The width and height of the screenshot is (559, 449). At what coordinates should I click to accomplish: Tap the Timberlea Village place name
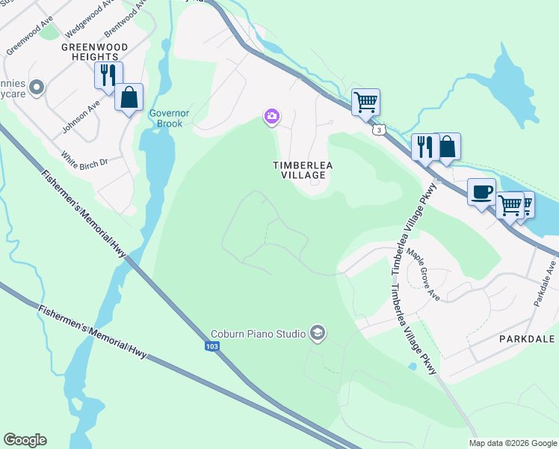(x=303, y=170)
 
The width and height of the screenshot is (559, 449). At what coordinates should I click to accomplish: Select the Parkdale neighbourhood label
(x=527, y=339)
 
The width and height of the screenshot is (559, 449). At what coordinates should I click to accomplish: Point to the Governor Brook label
(x=170, y=118)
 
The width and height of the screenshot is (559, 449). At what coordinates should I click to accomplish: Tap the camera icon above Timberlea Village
(x=272, y=116)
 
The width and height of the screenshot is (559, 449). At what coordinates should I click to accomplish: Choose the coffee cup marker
(x=481, y=192)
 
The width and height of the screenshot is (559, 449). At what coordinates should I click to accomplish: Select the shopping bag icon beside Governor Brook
(x=129, y=97)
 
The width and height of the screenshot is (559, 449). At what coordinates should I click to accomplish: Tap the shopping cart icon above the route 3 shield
(x=365, y=101)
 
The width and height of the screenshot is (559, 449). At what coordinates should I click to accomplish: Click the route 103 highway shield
(x=211, y=346)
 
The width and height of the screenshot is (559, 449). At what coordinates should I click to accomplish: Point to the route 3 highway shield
(x=380, y=131)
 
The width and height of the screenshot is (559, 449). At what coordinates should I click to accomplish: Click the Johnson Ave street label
(x=81, y=118)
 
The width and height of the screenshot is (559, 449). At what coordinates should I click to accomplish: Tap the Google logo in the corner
(x=25, y=440)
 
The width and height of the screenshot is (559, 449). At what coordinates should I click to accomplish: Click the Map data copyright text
(x=513, y=443)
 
